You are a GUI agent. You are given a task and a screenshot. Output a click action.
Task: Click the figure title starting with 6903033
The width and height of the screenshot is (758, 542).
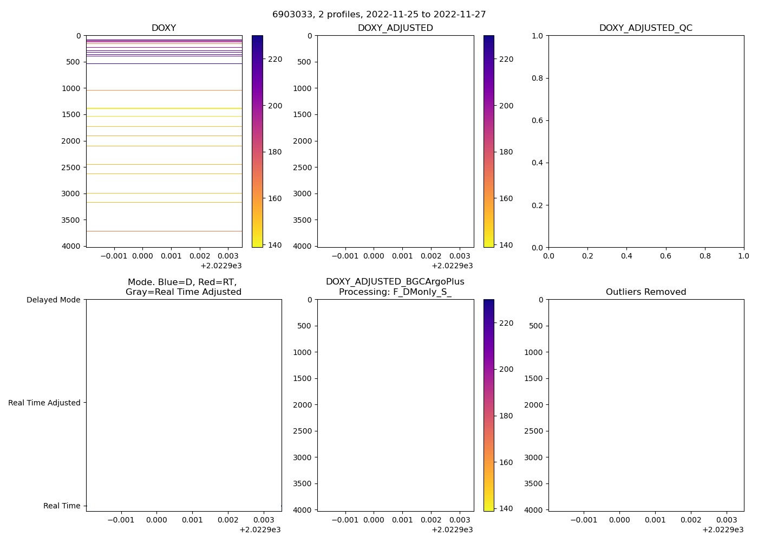pyautogui.click(x=379, y=15)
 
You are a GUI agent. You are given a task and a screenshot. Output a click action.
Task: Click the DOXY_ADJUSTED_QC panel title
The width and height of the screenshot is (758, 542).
pyautogui.click(x=645, y=28)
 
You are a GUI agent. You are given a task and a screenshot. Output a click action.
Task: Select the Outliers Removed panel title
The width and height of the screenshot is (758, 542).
pyautogui.click(x=645, y=292)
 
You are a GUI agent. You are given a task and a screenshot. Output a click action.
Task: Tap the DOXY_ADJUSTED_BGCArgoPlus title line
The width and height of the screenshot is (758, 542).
pyautogui.click(x=395, y=282)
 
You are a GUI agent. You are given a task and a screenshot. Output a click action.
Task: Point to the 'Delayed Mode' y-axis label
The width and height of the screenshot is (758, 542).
pyautogui.click(x=53, y=300)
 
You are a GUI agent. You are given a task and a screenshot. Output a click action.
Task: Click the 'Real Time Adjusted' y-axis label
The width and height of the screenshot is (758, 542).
pyautogui.click(x=44, y=403)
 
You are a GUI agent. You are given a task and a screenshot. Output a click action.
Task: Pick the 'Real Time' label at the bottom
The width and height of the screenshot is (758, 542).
pyautogui.click(x=62, y=506)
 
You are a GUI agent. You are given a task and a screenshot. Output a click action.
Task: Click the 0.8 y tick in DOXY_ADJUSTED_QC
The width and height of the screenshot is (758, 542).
pyautogui.click(x=538, y=78)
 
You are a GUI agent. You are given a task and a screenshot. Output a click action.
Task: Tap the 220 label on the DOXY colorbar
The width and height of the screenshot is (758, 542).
pyautogui.click(x=275, y=59)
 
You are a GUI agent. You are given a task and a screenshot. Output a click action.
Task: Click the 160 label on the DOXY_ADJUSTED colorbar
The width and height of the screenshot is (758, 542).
pyautogui.click(x=506, y=198)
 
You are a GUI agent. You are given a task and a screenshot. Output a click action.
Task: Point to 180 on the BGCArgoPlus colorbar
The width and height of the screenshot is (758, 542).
pyautogui.click(x=506, y=416)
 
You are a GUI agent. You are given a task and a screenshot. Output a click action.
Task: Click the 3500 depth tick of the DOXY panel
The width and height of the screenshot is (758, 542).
pyautogui.click(x=71, y=220)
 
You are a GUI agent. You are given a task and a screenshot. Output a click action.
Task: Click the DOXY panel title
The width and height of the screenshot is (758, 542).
pyautogui.click(x=164, y=28)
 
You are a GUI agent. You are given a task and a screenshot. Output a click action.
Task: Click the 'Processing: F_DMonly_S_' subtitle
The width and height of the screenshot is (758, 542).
pyautogui.click(x=395, y=292)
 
